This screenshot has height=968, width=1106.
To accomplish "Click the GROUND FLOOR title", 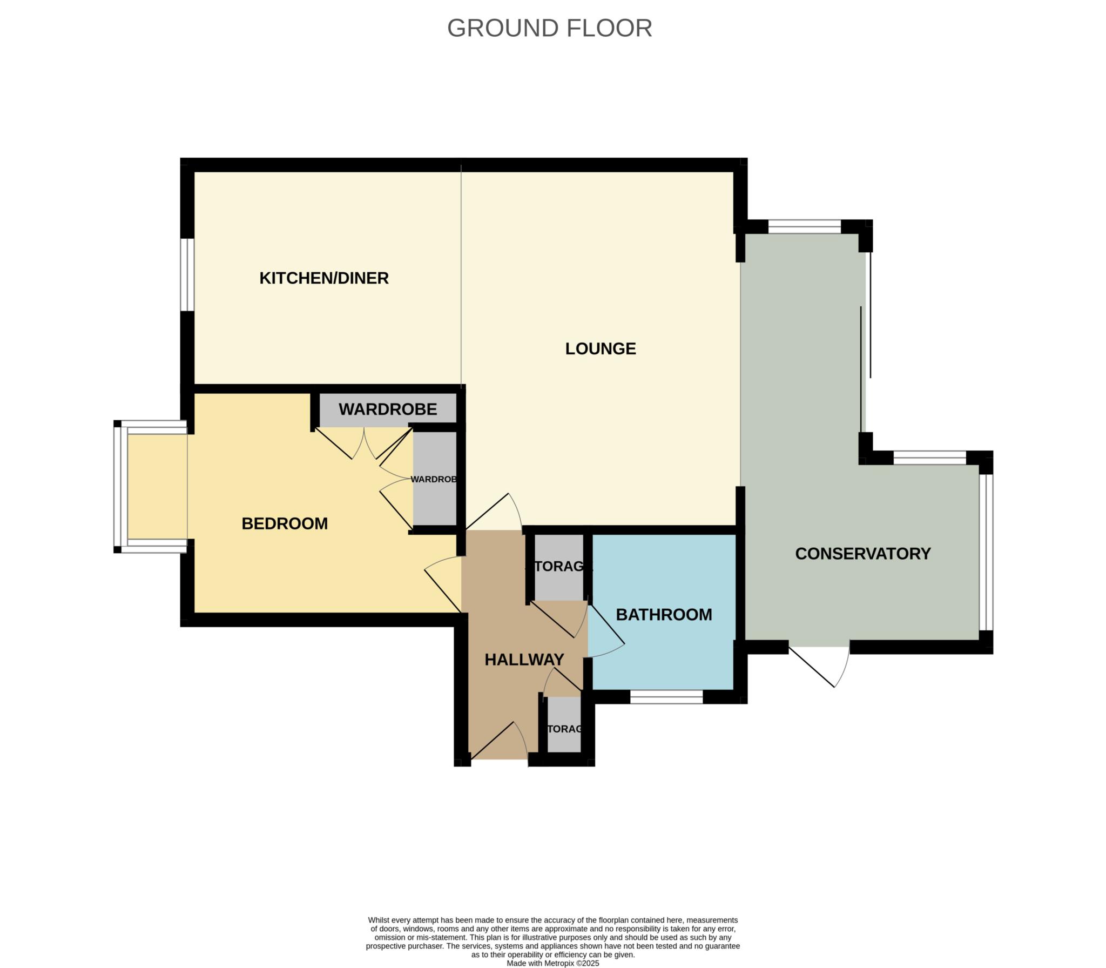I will point(549,28).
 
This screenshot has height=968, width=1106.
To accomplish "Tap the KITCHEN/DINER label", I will point(324,278).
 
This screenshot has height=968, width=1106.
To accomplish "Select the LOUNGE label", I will point(601,349).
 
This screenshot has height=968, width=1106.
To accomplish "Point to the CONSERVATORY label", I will point(862,554).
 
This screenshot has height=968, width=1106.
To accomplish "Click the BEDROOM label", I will point(285,523).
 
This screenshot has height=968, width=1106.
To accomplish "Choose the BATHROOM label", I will point(664,615).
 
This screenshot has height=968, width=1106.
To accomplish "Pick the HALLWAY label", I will point(524,660).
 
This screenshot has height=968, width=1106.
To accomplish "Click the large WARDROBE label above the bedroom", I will point(388,409).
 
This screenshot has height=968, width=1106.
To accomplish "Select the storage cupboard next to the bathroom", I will point(559,567).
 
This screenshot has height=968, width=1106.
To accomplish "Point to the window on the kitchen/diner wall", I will point(187,275).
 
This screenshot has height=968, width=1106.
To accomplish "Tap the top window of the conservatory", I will point(804,226).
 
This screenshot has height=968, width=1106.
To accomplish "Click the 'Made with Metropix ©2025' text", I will point(552,963).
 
